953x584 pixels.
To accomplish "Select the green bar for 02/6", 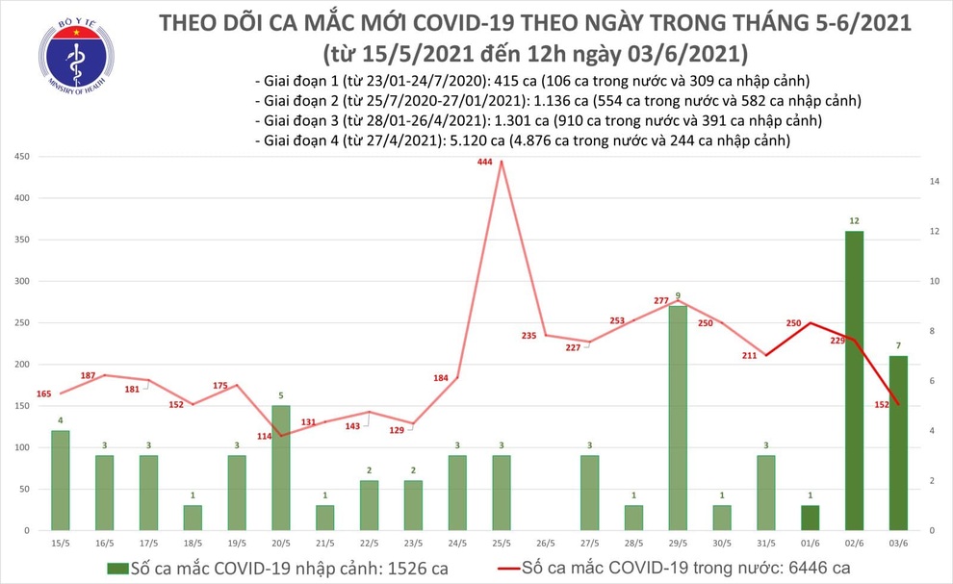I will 854,380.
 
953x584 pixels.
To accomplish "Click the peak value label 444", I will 485,163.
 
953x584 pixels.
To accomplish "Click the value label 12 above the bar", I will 854,221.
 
